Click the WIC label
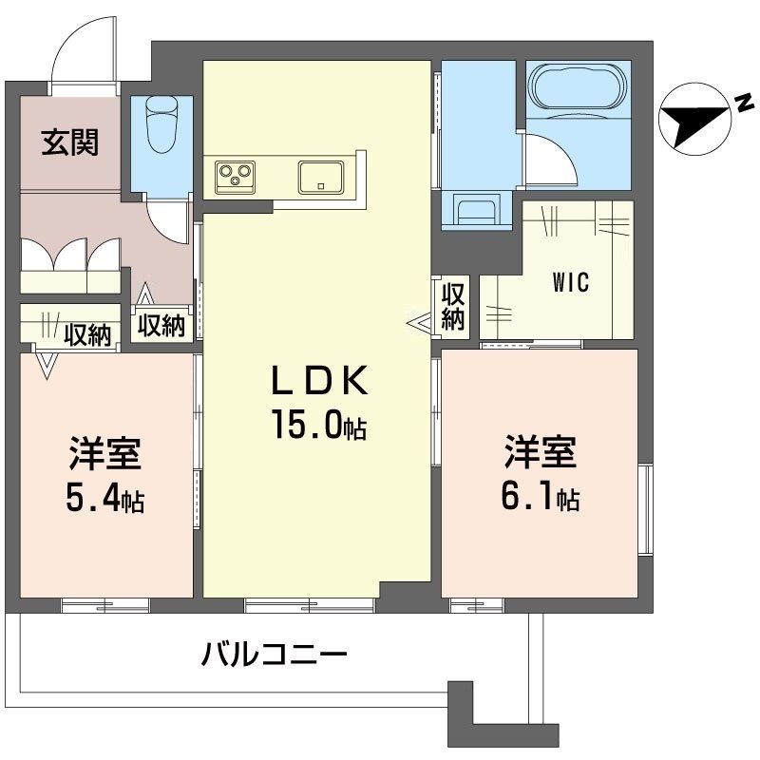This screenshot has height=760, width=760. tap(571, 283)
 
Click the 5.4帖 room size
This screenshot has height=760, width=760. tap(104, 500)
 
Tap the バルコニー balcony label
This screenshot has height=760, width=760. tap(275, 655)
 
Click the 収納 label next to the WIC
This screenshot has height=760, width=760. tap(454, 306)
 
